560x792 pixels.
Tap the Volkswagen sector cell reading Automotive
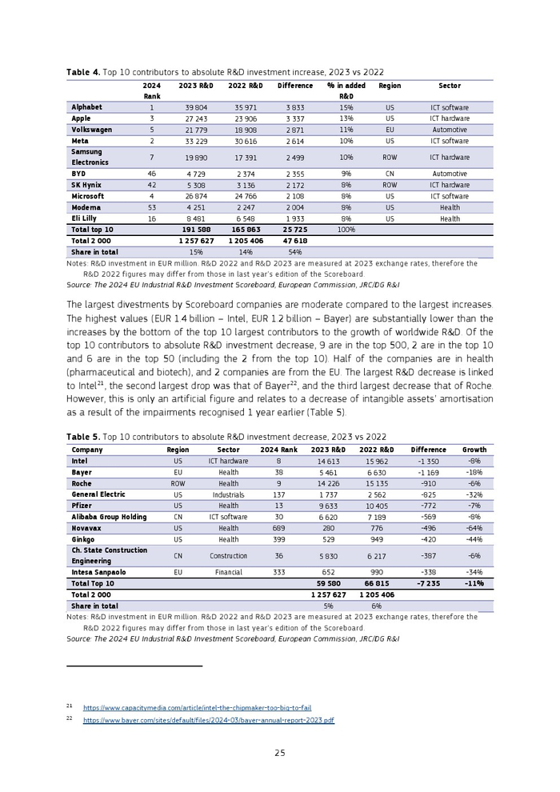[x=450, y=130]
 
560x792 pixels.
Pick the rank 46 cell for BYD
[x=151, y=174]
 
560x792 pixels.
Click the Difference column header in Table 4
[x=295, y=86]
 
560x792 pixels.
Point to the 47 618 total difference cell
[x=295, y=240]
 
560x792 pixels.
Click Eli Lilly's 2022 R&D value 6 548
[x=243, y=218]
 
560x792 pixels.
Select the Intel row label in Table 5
[x=79, y=461]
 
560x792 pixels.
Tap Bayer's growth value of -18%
[x=474, y=472]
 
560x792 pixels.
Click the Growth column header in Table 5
[x=474, y=450]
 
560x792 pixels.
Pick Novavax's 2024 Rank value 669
[x=278, y=528]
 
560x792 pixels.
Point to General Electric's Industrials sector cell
[x=229, y=494]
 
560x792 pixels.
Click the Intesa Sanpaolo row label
[x=98, y=573]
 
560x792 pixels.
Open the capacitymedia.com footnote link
[x=197, y=707]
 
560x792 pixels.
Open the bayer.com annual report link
[x=208, y=720]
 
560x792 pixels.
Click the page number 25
[x=280, y=752]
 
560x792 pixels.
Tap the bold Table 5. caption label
[x=83, y=437]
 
